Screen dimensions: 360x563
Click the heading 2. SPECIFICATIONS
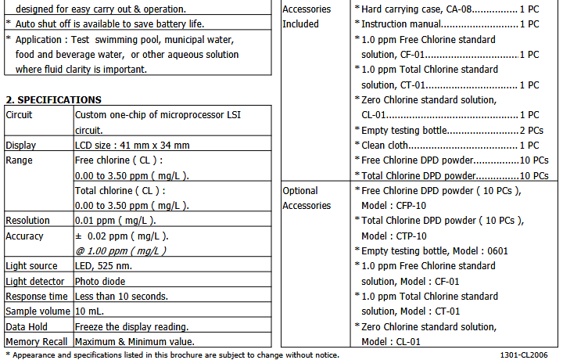pos(53,100)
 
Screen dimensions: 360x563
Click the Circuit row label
pos(20,114)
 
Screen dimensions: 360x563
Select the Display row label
pos(21,146)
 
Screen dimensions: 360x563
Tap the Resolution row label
pos(27,221)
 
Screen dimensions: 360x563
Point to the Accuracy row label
pos(25,236)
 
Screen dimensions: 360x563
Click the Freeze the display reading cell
pos(131,326)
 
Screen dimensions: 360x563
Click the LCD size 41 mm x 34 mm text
pos(132,146)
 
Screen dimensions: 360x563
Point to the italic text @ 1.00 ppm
pos(120,250)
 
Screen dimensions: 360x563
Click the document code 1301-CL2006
pos(525,355)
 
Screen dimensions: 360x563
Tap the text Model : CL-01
pos(391,341)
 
